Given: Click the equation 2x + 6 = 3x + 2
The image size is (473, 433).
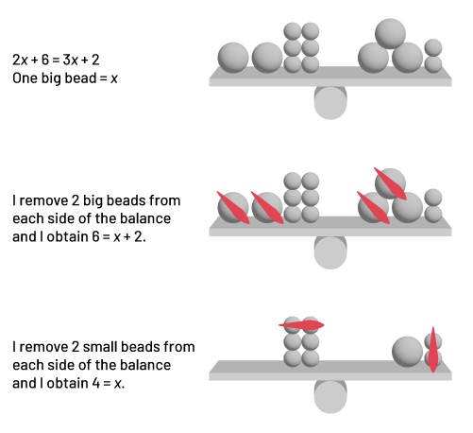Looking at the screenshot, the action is [56, 60].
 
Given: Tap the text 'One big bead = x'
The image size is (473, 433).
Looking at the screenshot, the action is [65, 78].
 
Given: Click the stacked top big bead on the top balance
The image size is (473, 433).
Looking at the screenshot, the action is [390, 33].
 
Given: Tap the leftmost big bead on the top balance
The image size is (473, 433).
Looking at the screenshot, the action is [233, 58].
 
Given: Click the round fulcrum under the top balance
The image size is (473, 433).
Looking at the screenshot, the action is [330, 102].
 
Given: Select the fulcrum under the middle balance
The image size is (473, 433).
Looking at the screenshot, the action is [330, 252].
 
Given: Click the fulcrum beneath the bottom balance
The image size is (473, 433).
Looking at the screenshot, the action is [330, 396].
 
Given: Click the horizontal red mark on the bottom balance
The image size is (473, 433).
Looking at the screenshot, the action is [301, 325].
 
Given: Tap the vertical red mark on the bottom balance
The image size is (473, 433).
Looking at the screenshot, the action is [433, 350].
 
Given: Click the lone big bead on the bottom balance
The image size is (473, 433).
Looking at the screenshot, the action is [407, 352].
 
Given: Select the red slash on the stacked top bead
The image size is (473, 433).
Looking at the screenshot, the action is [390, 183].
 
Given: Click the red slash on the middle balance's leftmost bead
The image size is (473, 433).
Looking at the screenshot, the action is [233, 207].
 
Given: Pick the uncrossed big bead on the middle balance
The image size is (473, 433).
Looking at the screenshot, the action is [408, 208].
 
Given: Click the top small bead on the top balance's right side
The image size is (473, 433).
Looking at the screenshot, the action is [433, 48].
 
